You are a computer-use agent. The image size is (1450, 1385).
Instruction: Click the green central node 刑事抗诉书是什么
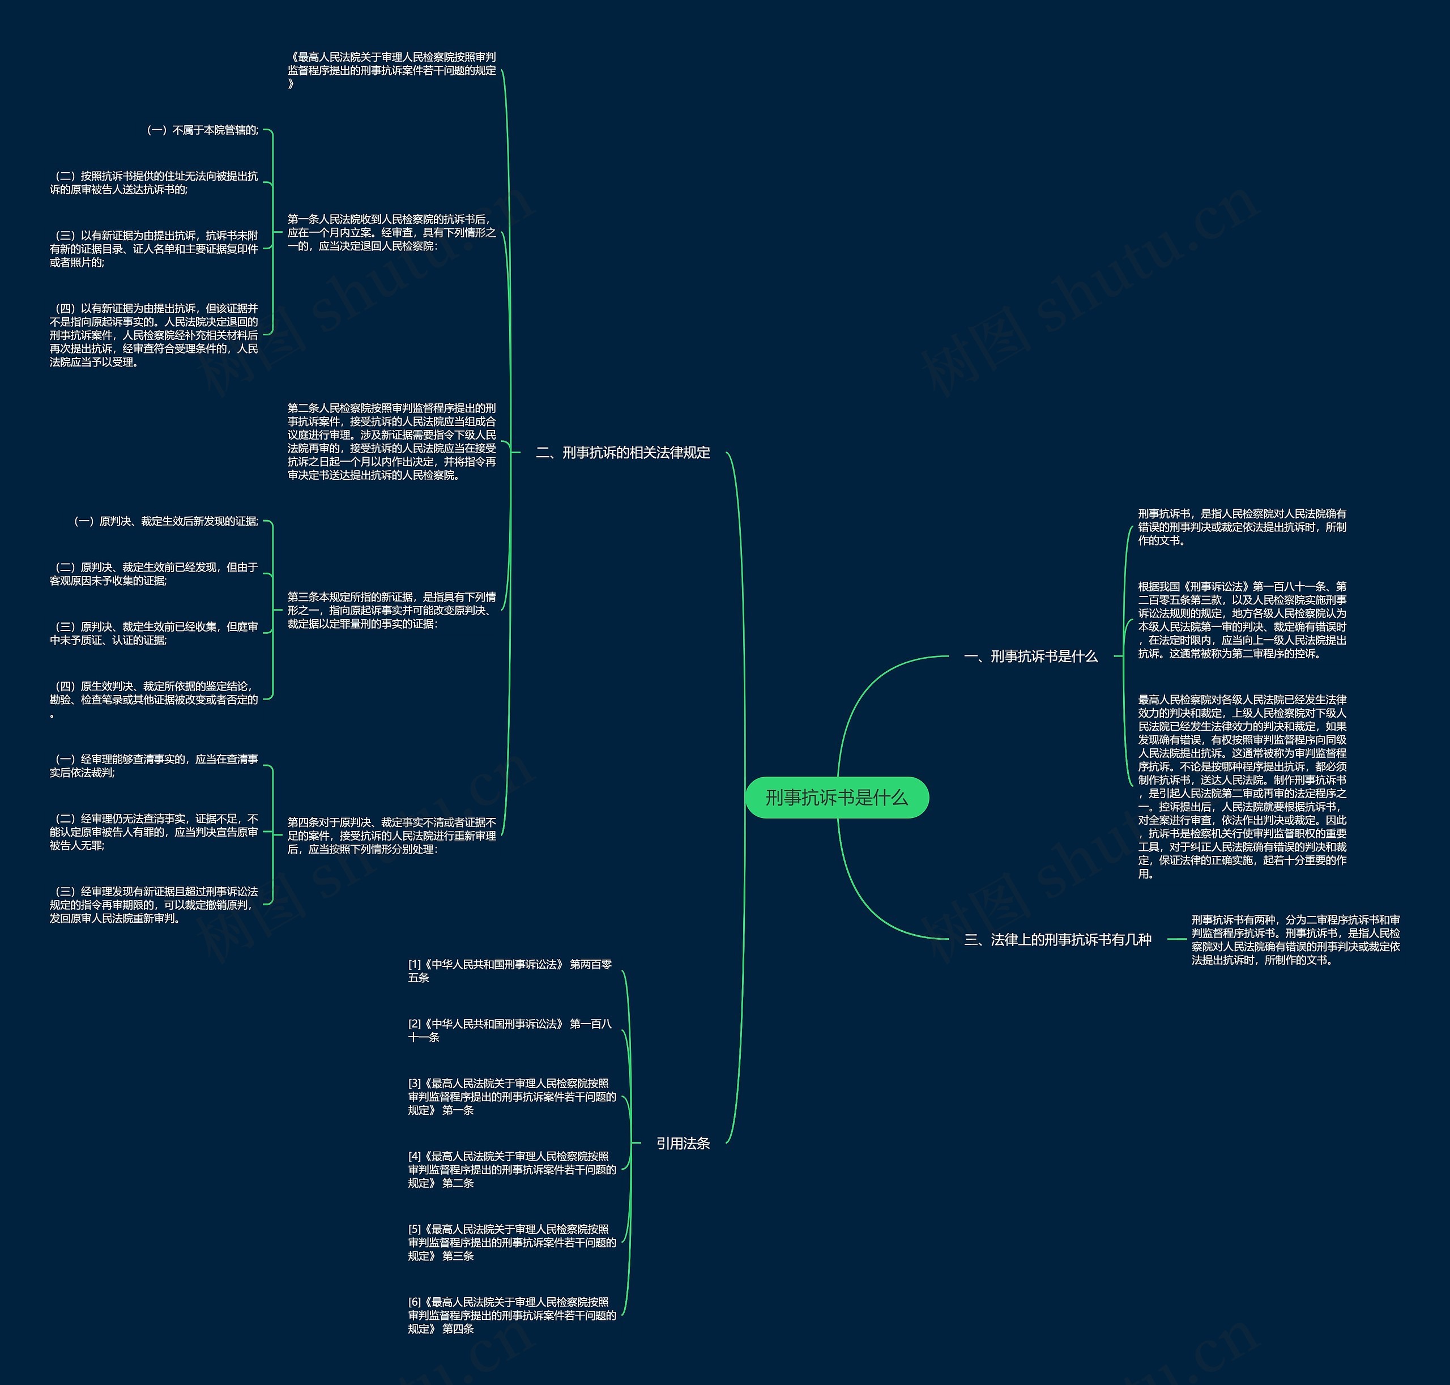[x=837, y=798]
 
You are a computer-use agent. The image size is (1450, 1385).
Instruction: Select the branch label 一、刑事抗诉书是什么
[x=1031, y=657]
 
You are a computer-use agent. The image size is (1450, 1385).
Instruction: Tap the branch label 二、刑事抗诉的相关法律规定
[x=622, y=453]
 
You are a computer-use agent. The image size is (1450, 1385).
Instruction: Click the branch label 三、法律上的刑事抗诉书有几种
[x=1057, y=939]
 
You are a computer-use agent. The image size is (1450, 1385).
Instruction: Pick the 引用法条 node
[x=683, y=1143]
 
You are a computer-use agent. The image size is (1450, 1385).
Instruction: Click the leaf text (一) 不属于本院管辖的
[x=203, y=130]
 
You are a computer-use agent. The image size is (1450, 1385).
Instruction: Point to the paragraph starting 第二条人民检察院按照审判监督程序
[x=391, y=441]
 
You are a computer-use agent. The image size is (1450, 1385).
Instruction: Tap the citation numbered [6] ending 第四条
[x=511, y=1315]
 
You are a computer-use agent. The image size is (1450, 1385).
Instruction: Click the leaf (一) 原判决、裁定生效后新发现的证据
[x=166, y=521]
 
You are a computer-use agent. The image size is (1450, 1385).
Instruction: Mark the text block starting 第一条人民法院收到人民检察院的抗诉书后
[x=391, y=233]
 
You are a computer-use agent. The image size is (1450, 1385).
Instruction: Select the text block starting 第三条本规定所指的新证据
[x=391, y=610]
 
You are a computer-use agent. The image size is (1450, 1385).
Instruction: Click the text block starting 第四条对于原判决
[x=391, y=836]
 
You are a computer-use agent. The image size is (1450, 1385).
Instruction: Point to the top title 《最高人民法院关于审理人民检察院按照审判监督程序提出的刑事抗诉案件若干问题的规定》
[x=391, y=70]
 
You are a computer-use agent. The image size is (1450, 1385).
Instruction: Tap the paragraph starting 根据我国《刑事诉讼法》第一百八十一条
[x=1242, y=619]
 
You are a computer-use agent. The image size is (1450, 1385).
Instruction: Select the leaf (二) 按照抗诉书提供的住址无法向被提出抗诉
[x=154, y=182]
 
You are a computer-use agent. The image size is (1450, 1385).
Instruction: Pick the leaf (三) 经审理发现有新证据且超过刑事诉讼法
[x=154, y=905]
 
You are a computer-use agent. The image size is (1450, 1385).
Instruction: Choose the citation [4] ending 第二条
[x=511, y=1169]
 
